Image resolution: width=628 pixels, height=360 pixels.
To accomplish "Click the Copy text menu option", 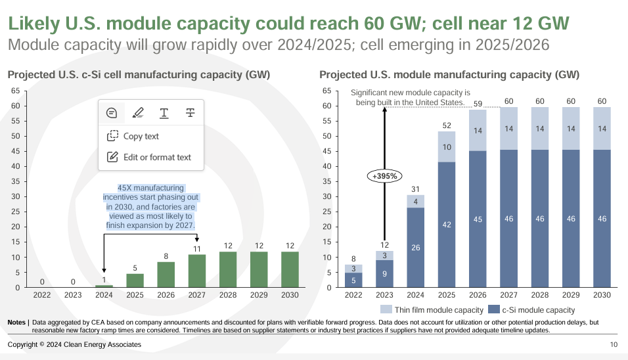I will click(133, 136).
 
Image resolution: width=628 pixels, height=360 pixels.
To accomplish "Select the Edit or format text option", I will click(148, 157).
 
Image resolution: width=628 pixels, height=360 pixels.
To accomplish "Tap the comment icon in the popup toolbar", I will click(112, 113).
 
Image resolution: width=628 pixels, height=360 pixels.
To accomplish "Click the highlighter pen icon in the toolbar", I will click(137, 113).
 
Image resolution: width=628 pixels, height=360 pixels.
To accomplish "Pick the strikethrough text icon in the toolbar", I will click(190, 113).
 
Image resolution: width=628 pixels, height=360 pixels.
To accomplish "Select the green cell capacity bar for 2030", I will click(290, 269).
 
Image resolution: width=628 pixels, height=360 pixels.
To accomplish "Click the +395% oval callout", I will click(385, 176).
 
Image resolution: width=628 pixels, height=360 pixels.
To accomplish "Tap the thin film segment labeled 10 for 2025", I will click(447, 146).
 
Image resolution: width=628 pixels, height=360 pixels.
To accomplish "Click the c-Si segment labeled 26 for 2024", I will click(416, 247).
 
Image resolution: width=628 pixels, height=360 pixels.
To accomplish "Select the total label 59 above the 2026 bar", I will click(478, 103).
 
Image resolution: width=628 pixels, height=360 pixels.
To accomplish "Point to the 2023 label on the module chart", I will click(385, 295).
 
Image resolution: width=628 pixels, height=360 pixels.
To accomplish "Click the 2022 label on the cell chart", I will click(41, 295).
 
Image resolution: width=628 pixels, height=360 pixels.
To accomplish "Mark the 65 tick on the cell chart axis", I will click(14, 90).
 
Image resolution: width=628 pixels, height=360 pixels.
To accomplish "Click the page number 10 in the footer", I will click(614, 345).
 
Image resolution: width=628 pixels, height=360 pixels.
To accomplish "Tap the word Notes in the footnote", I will click(16, 323).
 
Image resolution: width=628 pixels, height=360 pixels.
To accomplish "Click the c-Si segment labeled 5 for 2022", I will click(354, 280).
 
